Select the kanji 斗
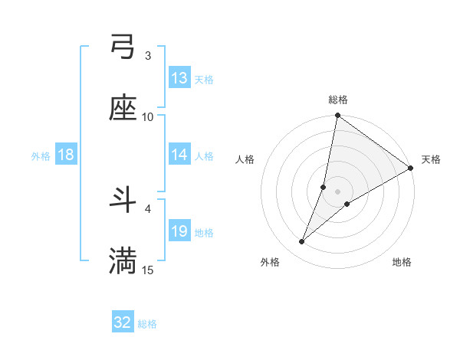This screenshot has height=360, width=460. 123,201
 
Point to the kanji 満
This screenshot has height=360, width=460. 123,260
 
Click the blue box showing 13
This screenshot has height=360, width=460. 179,78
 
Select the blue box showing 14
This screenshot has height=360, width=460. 179,155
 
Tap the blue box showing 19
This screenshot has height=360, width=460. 179,231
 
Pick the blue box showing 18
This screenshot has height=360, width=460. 66,155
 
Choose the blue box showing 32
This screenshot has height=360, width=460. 123,322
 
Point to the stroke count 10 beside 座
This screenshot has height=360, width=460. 148,116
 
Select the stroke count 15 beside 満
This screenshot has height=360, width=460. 148,270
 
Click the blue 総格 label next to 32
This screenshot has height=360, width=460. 148,324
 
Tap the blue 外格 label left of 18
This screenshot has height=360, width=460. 41,156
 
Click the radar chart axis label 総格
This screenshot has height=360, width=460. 338,100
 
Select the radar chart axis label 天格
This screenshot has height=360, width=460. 431,159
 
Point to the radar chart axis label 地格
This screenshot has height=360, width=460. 402,263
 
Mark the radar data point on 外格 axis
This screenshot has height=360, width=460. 302,242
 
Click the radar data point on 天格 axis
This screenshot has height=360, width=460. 411,169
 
